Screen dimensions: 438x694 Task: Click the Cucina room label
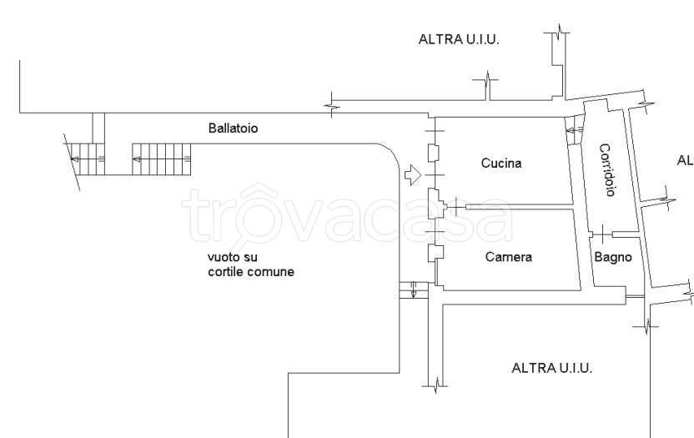pyautogui.click(x=500, y=164)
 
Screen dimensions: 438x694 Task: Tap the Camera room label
pyautogui.click(x=508, y=257)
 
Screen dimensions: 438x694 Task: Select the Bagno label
pyautogui.click(x=612, y=257)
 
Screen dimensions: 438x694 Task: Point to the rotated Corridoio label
pyautogui.click(x=607, y=170)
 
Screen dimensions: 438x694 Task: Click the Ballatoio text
pyautogui.click(x=233, y=128)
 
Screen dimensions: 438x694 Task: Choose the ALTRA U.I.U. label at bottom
pyautogui.click(x=551, y=368)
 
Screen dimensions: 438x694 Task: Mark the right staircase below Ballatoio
pyautogui.click(x=161, y=157)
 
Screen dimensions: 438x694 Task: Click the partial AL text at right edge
pyautogui.click(x=685, y=160)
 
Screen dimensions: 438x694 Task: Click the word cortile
pyautogui.click(x=226, y=272)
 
